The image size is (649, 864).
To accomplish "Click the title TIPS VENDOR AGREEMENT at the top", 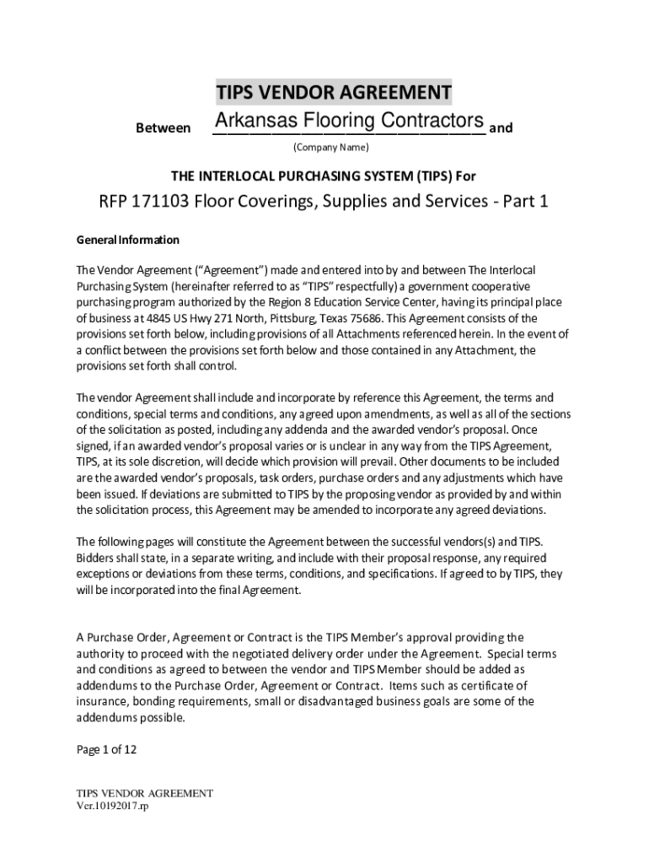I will point(333,91).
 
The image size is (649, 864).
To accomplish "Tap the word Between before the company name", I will point(163,128).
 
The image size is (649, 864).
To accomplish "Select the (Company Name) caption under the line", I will point(330,148).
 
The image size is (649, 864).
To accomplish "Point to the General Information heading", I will point(128,240).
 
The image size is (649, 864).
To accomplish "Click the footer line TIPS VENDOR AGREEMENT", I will point(144,793).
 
